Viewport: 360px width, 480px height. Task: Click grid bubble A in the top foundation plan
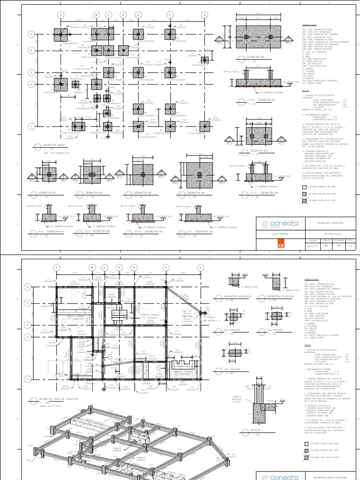coord(60,15)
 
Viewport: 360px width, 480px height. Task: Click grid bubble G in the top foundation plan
coord(205,15)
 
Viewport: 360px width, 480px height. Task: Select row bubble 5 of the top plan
coord(31,34)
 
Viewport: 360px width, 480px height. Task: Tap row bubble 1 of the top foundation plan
coord(31,126)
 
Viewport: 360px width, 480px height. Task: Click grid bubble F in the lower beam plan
coord(167,268)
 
